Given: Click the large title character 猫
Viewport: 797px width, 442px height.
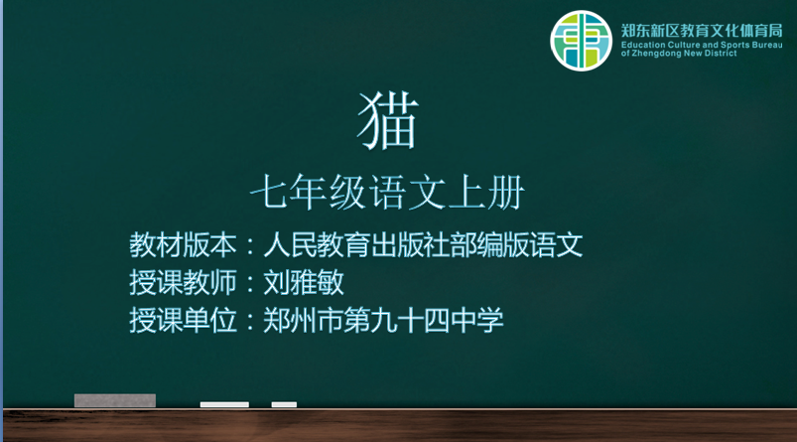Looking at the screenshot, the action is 388,121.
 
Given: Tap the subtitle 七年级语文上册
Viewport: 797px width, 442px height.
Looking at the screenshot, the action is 387,193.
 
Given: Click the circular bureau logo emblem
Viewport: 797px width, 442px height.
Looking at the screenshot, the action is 581,41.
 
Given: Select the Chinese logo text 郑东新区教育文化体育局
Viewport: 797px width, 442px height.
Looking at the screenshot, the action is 702,31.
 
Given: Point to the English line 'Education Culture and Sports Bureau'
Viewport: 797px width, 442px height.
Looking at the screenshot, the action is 702,45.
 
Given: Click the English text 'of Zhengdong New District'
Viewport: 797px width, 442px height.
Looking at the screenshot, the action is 679,54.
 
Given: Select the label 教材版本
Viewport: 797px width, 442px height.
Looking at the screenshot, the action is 183,244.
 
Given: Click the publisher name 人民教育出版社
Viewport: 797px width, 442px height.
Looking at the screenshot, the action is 356,244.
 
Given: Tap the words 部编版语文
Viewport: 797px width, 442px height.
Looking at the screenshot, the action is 516,244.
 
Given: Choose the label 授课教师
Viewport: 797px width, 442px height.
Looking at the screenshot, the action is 183,282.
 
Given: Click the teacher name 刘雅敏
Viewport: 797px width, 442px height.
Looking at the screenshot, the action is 304,282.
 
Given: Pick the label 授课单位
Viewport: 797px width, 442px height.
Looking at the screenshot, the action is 183,321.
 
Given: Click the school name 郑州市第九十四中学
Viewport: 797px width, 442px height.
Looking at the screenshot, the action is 383,321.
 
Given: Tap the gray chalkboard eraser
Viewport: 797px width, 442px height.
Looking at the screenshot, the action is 115,401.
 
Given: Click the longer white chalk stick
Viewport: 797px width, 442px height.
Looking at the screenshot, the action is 224,405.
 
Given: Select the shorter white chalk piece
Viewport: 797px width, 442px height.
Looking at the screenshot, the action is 284,405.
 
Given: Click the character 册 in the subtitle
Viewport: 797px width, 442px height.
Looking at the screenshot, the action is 506,193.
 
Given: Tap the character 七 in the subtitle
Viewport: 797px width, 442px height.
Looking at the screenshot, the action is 268,193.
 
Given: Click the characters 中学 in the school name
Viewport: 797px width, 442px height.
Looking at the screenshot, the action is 477,321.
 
